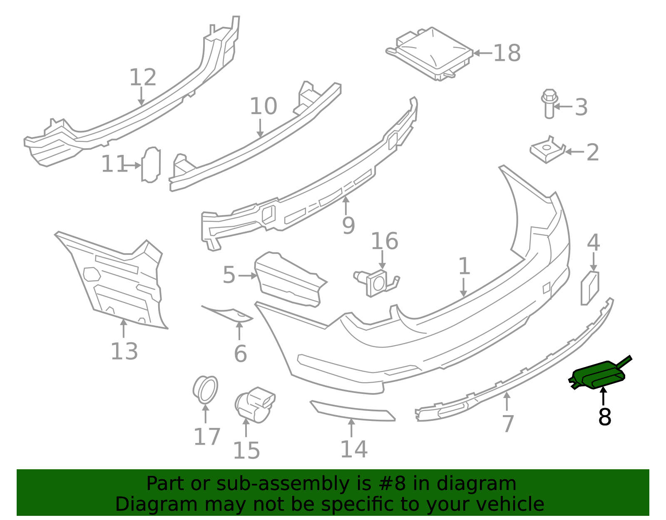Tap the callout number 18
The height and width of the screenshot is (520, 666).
pyautogui.click(x=507, y=53)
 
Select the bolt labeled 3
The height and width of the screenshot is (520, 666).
pyautogui.click(x=549, y=104)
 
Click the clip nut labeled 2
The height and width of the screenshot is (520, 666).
pyautogui.click(x=548, y=150)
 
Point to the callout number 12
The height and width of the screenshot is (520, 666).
pyautogui.click(x=143, y=77)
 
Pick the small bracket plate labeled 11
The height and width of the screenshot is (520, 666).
pyautogui.click(x=151, y=165)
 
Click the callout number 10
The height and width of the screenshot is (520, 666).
pyautogui.click(x=263, y=106)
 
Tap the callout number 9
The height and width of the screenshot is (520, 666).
pyautogui.click(x=348, y=226)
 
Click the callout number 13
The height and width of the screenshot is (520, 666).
pyautogui.click(x=124, y=351)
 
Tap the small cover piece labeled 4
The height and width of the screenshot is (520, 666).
pyautogui.click(x=590, y=288)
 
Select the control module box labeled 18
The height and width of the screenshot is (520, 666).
pyautogui.click(x=430, y=54)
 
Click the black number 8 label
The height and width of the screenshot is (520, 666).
pyautogui.click(x=605, y=416)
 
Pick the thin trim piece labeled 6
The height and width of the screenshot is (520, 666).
pyautogui.click(x=227, y=313)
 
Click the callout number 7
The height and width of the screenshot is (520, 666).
pyautogui.click(x=508, y=424)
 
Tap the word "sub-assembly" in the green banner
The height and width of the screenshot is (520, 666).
pyautogui.click(x=283, y=484)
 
